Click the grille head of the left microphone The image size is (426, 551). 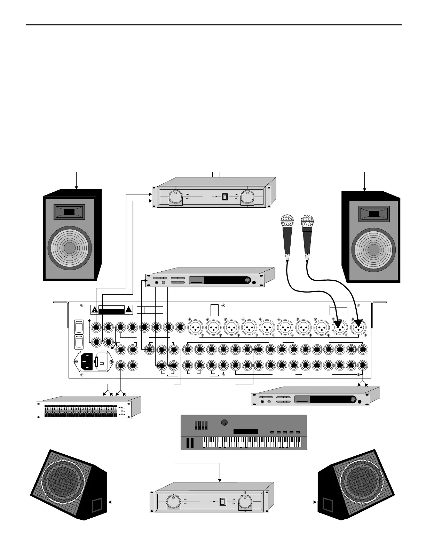point(287,221)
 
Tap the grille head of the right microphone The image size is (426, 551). point(307,221)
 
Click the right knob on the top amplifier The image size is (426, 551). point(247,197)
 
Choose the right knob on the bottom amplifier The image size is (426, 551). point(245,502)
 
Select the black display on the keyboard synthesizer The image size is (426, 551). point(245,432)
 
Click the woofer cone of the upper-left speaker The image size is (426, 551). point(69,248)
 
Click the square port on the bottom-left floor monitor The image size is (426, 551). point(97,505)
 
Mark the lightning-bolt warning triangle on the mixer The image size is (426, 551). point(94,310)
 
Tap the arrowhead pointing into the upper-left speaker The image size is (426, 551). point(76,187)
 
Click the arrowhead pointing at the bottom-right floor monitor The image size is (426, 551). point(315,502)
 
